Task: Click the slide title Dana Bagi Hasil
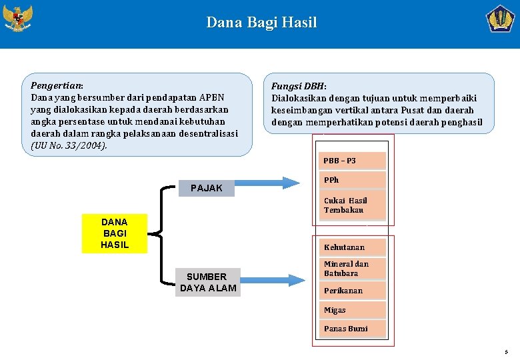[261, 23]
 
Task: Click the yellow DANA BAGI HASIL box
[114, 233]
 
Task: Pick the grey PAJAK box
[207, 188]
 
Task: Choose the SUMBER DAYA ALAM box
[207, 282]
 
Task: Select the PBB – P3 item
[352, 161]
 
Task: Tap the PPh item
[352, 180]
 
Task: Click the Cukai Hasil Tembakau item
[352, 205]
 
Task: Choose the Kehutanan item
[352, 247]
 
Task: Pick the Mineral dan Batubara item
[352, 269]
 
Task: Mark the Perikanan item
[352, 291]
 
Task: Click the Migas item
[352, 310]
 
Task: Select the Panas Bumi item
[352, 329]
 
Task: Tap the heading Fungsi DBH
[298, 87]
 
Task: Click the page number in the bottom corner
[506, 351]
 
